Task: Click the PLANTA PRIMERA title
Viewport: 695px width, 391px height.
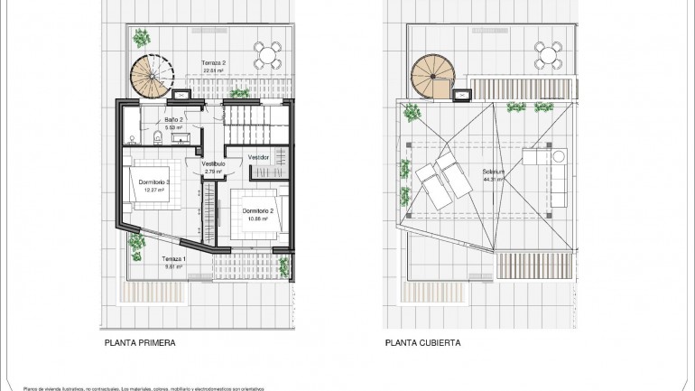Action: pyautogui.click(x=139, y=343)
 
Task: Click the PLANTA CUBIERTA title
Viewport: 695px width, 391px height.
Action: pyautogui.click(x=422, y=343)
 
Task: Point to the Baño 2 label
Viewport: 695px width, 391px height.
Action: pyautogui.click(x=174, y=120)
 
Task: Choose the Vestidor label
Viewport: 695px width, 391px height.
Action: pyautogui.click(x=259, y=157)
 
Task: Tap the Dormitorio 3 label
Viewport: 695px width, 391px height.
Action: pyautogui.click(x=155, y=182)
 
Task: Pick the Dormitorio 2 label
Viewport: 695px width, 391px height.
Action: pyautogui.click(x=257, y=211)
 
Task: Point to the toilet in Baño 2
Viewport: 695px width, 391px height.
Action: pyautogui.click(x=157, y=137)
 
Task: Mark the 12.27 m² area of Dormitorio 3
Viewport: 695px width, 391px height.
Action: pyautogui.click(x=155, y=191)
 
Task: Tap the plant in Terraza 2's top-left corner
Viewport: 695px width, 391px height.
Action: pyautogui.click(x=141, y=38)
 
